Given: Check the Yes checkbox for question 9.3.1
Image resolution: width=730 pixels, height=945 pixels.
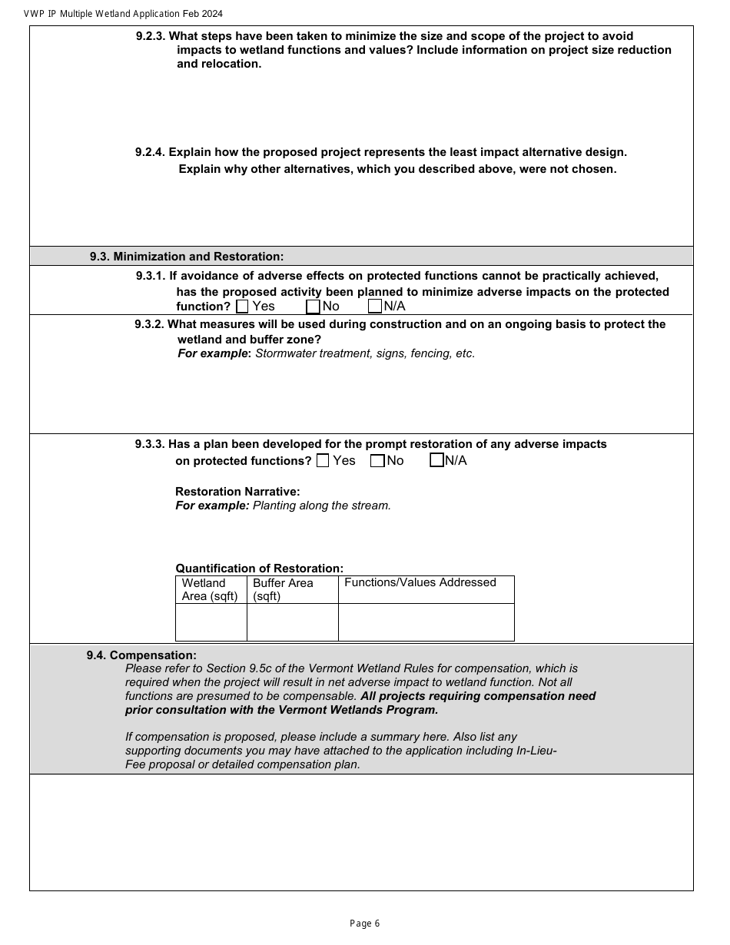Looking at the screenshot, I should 243,307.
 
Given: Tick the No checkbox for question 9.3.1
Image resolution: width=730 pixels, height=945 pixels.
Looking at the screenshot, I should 313,307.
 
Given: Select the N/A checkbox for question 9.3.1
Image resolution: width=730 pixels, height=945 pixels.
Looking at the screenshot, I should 375,307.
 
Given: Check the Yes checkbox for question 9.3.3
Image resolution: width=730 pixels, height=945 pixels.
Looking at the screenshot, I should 323,461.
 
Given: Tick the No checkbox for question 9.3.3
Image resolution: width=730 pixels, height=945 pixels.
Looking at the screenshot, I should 377,461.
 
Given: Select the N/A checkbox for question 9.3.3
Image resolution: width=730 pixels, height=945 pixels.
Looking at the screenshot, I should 436,460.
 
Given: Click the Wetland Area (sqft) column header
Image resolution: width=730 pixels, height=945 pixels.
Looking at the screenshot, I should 210,589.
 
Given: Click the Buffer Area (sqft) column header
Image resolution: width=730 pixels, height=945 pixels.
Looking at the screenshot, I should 283,589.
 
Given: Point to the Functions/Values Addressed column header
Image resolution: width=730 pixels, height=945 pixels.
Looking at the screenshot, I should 420,582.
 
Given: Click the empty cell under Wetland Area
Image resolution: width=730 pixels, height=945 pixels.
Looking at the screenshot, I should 211,622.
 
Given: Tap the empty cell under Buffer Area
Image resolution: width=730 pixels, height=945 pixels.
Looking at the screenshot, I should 293,622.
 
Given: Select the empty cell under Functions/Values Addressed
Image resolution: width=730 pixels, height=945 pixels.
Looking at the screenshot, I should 426,622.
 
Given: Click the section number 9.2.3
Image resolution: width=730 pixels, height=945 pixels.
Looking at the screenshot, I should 151,36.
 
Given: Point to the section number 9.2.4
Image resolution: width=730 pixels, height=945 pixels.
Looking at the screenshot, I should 150,152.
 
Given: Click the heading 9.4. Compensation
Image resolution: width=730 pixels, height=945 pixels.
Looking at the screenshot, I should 141,655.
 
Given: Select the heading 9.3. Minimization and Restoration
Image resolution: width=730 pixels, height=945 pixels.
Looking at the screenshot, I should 187,257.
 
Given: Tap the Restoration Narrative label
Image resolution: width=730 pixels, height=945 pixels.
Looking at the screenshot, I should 237,492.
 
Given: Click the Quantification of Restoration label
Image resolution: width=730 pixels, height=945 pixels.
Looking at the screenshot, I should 259,569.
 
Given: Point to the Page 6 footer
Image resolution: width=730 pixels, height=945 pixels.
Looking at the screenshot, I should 364,923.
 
